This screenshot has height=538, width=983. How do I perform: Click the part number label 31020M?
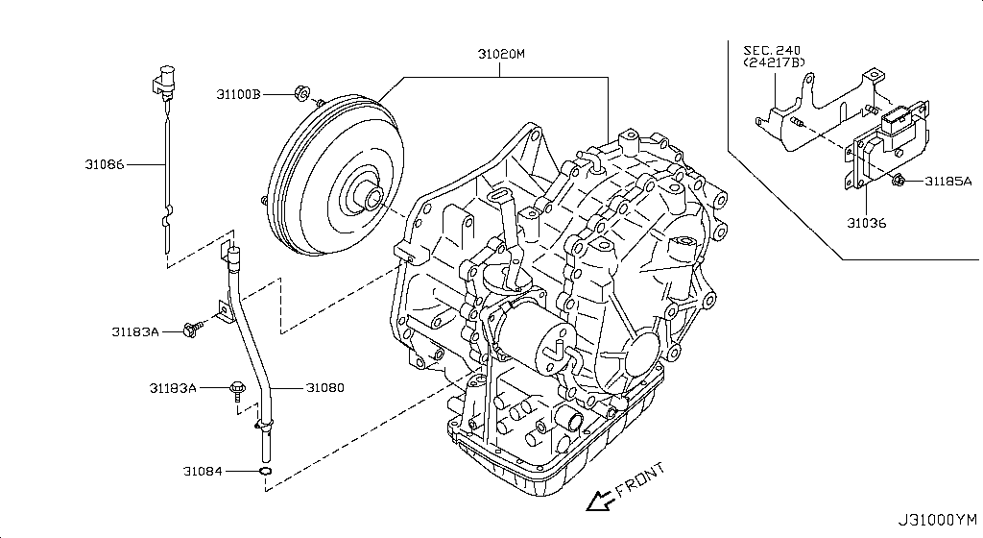pyautogui.click(x=503, y=55)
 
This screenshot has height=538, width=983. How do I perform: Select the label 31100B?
pyautogui.click(x=238, y=94)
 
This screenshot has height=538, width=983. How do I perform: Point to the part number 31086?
pyautogui.click(x=104, y=164)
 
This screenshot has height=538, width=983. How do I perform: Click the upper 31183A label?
pyautogui.click(x=134, y=331)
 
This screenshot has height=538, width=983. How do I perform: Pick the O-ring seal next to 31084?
pyautogui.click(x=266, y=472)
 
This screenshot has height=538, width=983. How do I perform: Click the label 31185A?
pyautogui.click(x=948, y=181)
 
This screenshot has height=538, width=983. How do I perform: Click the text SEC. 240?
pyautogui.click(x=772, y=49)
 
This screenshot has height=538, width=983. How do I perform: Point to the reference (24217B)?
pyautogui.click(x=774, y=62)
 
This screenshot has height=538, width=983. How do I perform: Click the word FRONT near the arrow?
pyautogui.click(x=639, y=479)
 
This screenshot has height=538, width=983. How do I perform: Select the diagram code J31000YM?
pyautogui.click(x=935, y=520)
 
